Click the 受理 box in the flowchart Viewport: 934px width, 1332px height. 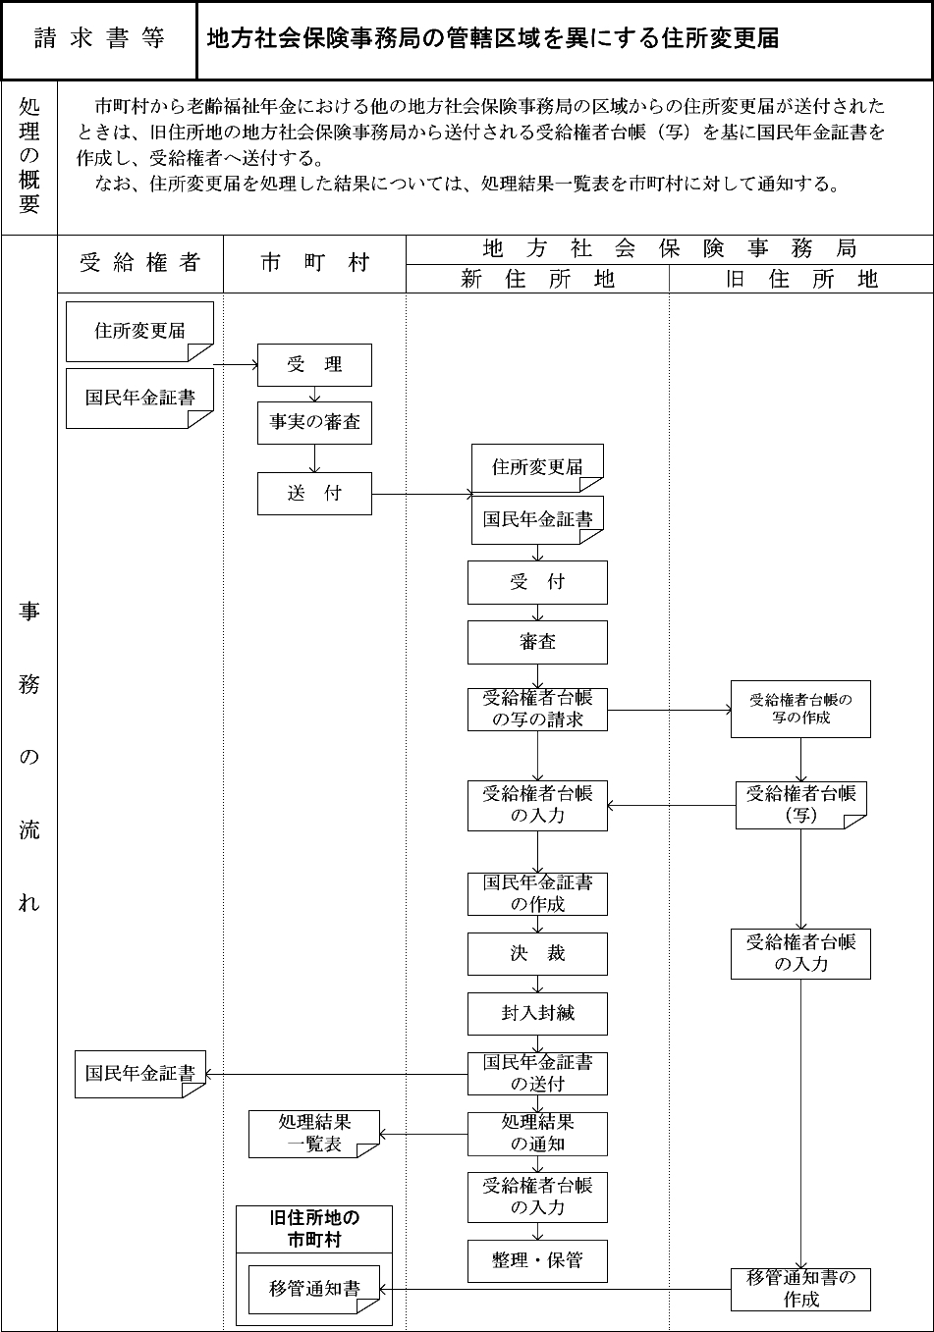(314, 365)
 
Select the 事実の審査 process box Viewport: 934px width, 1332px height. (314, 422)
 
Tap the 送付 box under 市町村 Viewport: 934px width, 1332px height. (314, 494)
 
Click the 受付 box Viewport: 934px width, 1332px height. (537, 582)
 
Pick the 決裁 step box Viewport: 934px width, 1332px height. (537, 953)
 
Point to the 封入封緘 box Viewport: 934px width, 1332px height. (537, 1013)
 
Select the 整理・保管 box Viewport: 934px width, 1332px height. (537, 1260)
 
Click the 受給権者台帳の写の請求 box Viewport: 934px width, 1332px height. (537, 709)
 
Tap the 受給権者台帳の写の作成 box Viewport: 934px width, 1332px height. (800, 709)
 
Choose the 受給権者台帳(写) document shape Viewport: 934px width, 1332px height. (800, 804)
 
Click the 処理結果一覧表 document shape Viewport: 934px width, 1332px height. (314, 1134)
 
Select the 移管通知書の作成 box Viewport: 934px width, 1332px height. (800, 1289)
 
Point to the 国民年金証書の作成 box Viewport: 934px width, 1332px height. (537, 893)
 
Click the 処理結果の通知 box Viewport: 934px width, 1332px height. (537, 1134)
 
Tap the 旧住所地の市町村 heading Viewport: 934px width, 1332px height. (314, 1229)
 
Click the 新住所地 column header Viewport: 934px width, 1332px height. (537, 280)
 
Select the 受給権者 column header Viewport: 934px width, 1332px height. (140, 262)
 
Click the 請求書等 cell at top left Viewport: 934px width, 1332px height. (99, 39)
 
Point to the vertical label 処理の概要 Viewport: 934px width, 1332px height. (29, 157)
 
